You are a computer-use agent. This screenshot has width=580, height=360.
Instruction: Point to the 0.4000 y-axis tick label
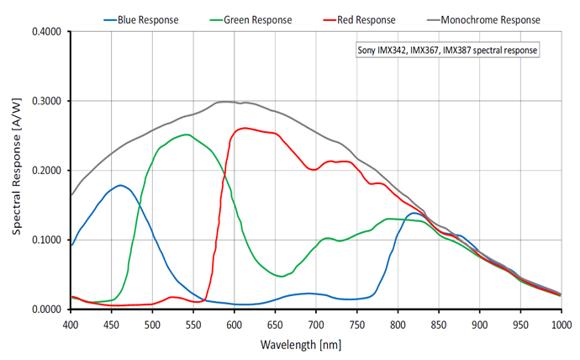[47, 32]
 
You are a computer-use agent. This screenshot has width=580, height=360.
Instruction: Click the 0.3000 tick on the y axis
[47, 102]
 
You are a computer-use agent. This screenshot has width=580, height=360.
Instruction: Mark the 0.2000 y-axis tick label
[47, 171]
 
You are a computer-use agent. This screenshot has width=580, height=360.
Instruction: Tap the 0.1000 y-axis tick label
[47, 241]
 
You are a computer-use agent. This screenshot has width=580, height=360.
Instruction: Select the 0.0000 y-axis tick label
[47, 310]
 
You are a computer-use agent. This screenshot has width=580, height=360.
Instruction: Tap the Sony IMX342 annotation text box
[446, 50]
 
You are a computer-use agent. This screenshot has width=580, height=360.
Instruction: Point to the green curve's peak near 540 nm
[186, 134]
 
